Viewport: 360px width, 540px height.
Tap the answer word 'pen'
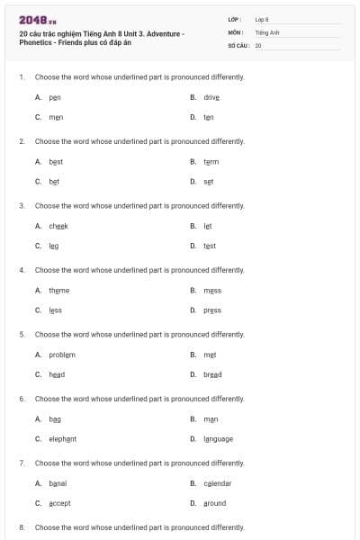tap(55, 97)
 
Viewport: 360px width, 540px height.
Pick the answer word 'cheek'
tap(58, 226)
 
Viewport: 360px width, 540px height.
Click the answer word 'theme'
tap(59, 291)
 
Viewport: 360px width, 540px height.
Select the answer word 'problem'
tap(62, 355)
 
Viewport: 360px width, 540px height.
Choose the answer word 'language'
tap(218, 439)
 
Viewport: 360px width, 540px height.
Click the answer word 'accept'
tap(59, 503)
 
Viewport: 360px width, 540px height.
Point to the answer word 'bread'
tap(212, 374)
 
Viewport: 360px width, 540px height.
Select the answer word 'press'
tap(212, 310)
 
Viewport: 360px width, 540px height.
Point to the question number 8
tap(22, 527)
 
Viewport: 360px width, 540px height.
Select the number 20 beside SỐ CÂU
tap(258, 45)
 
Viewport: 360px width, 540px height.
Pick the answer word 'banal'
tap(58, 483)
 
